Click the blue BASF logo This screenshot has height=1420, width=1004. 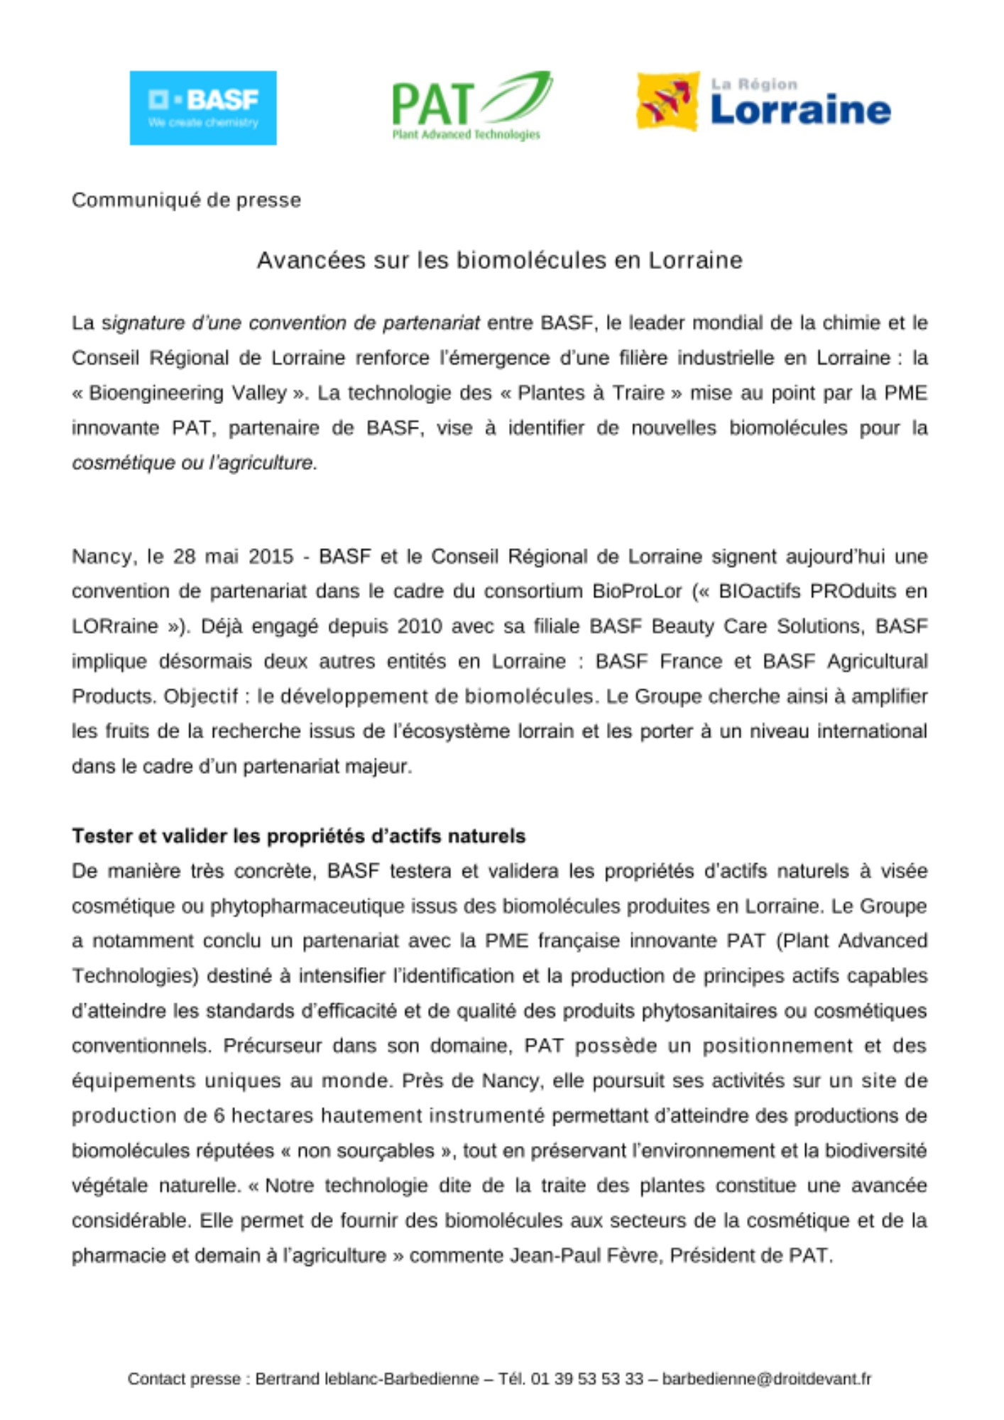(x=202, y=108)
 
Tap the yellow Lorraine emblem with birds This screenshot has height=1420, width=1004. (x=667, y=101)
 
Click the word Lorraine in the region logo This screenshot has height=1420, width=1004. (x=800, y=110)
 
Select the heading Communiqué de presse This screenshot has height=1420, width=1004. (x=186, y=200)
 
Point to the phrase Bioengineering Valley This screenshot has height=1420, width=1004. (x=187, y=393)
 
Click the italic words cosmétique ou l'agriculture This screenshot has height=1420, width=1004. (x=194, y=463)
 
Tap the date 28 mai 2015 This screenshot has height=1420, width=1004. (x=233, y=557)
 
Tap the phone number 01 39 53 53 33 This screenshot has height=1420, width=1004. (x=586, y=1379)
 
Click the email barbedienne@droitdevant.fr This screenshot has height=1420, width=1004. (x=766, y=1379)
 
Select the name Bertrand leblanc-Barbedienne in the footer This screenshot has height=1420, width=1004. (x=366, y=1379)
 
